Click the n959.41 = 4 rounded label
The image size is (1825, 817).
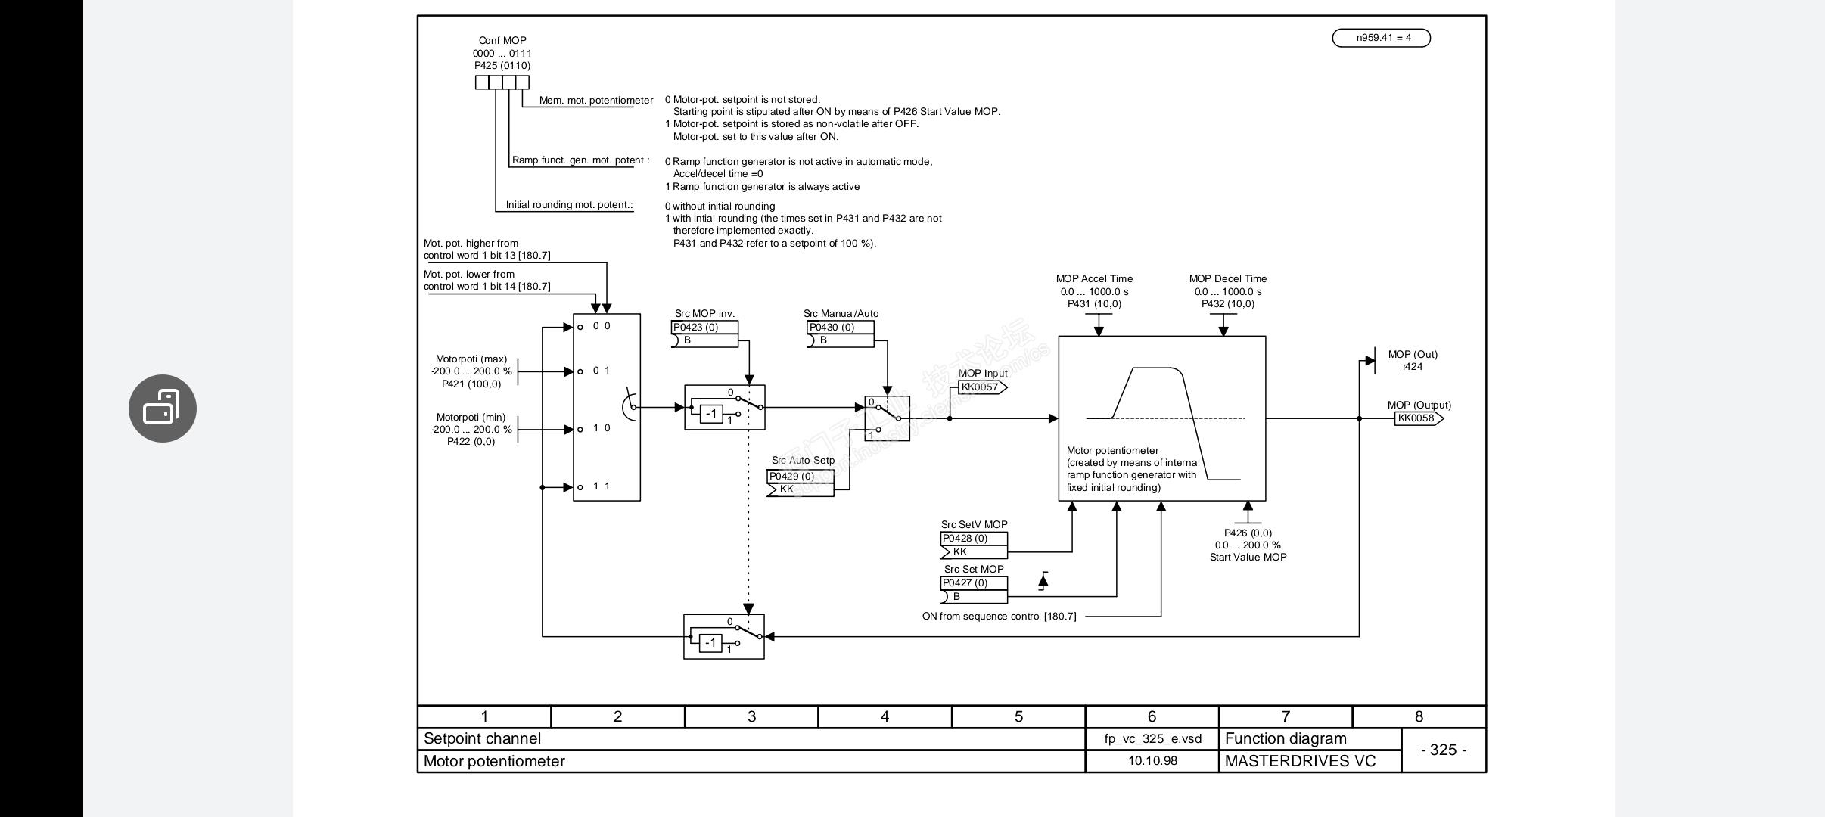click(x=1381, y=38)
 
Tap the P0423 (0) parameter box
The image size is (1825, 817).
click(x=704, y=328)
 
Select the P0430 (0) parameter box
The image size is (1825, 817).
click(x=840, y=328)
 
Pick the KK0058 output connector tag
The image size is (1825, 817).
click(x=1417, y=418)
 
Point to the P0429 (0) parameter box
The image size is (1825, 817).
click(x=800, y=477)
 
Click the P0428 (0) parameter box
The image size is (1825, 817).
click(x=973, y=539)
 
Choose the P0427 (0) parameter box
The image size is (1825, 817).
click(x=973, y=583)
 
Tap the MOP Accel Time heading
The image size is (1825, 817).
click(x=1094, y=279)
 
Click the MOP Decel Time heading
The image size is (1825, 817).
click(x=1227, y=279)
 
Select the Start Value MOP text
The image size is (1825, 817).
click(x=1248, y=558)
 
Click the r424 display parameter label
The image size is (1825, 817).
click(x=1412, y=367)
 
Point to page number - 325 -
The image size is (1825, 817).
click(x=1444, y=750)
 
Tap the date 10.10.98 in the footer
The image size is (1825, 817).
click(x=1152, y=761)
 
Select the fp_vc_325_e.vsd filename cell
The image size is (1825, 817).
click(x=1152, y=738)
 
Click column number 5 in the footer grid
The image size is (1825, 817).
click(x=1018, y=716)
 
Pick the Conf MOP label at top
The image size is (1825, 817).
click(x=502, y=41)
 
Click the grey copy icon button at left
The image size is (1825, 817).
click(x=163, y=408)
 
